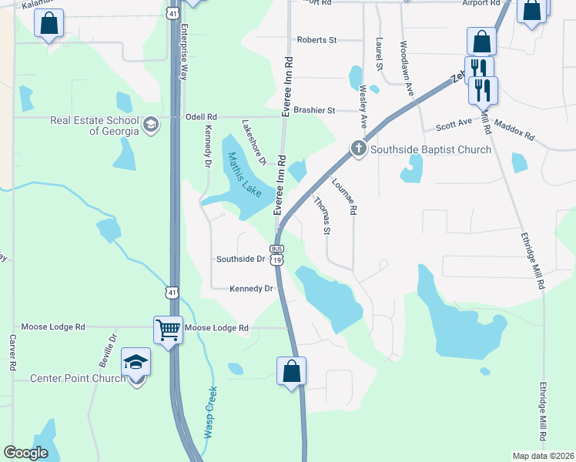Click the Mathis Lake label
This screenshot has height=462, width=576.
click(x=245, y=174)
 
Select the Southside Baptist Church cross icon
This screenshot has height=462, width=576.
click(x=358, y=149)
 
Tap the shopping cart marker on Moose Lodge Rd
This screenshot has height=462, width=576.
click(x=168, y=330)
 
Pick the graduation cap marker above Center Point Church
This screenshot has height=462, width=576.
click(x=136, y=362)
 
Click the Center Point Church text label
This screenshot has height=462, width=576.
click(x=78, y=378)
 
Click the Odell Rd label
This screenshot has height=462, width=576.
click(x=202, y=117)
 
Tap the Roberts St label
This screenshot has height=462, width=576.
click(x=317, y=40)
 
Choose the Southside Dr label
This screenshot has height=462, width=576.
click(x=241, y=259)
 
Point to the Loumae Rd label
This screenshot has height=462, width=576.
click(x=344, y=197)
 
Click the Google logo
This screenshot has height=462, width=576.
click(x=25, y=453)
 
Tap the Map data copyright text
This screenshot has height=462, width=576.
click(x=544, y=456)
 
